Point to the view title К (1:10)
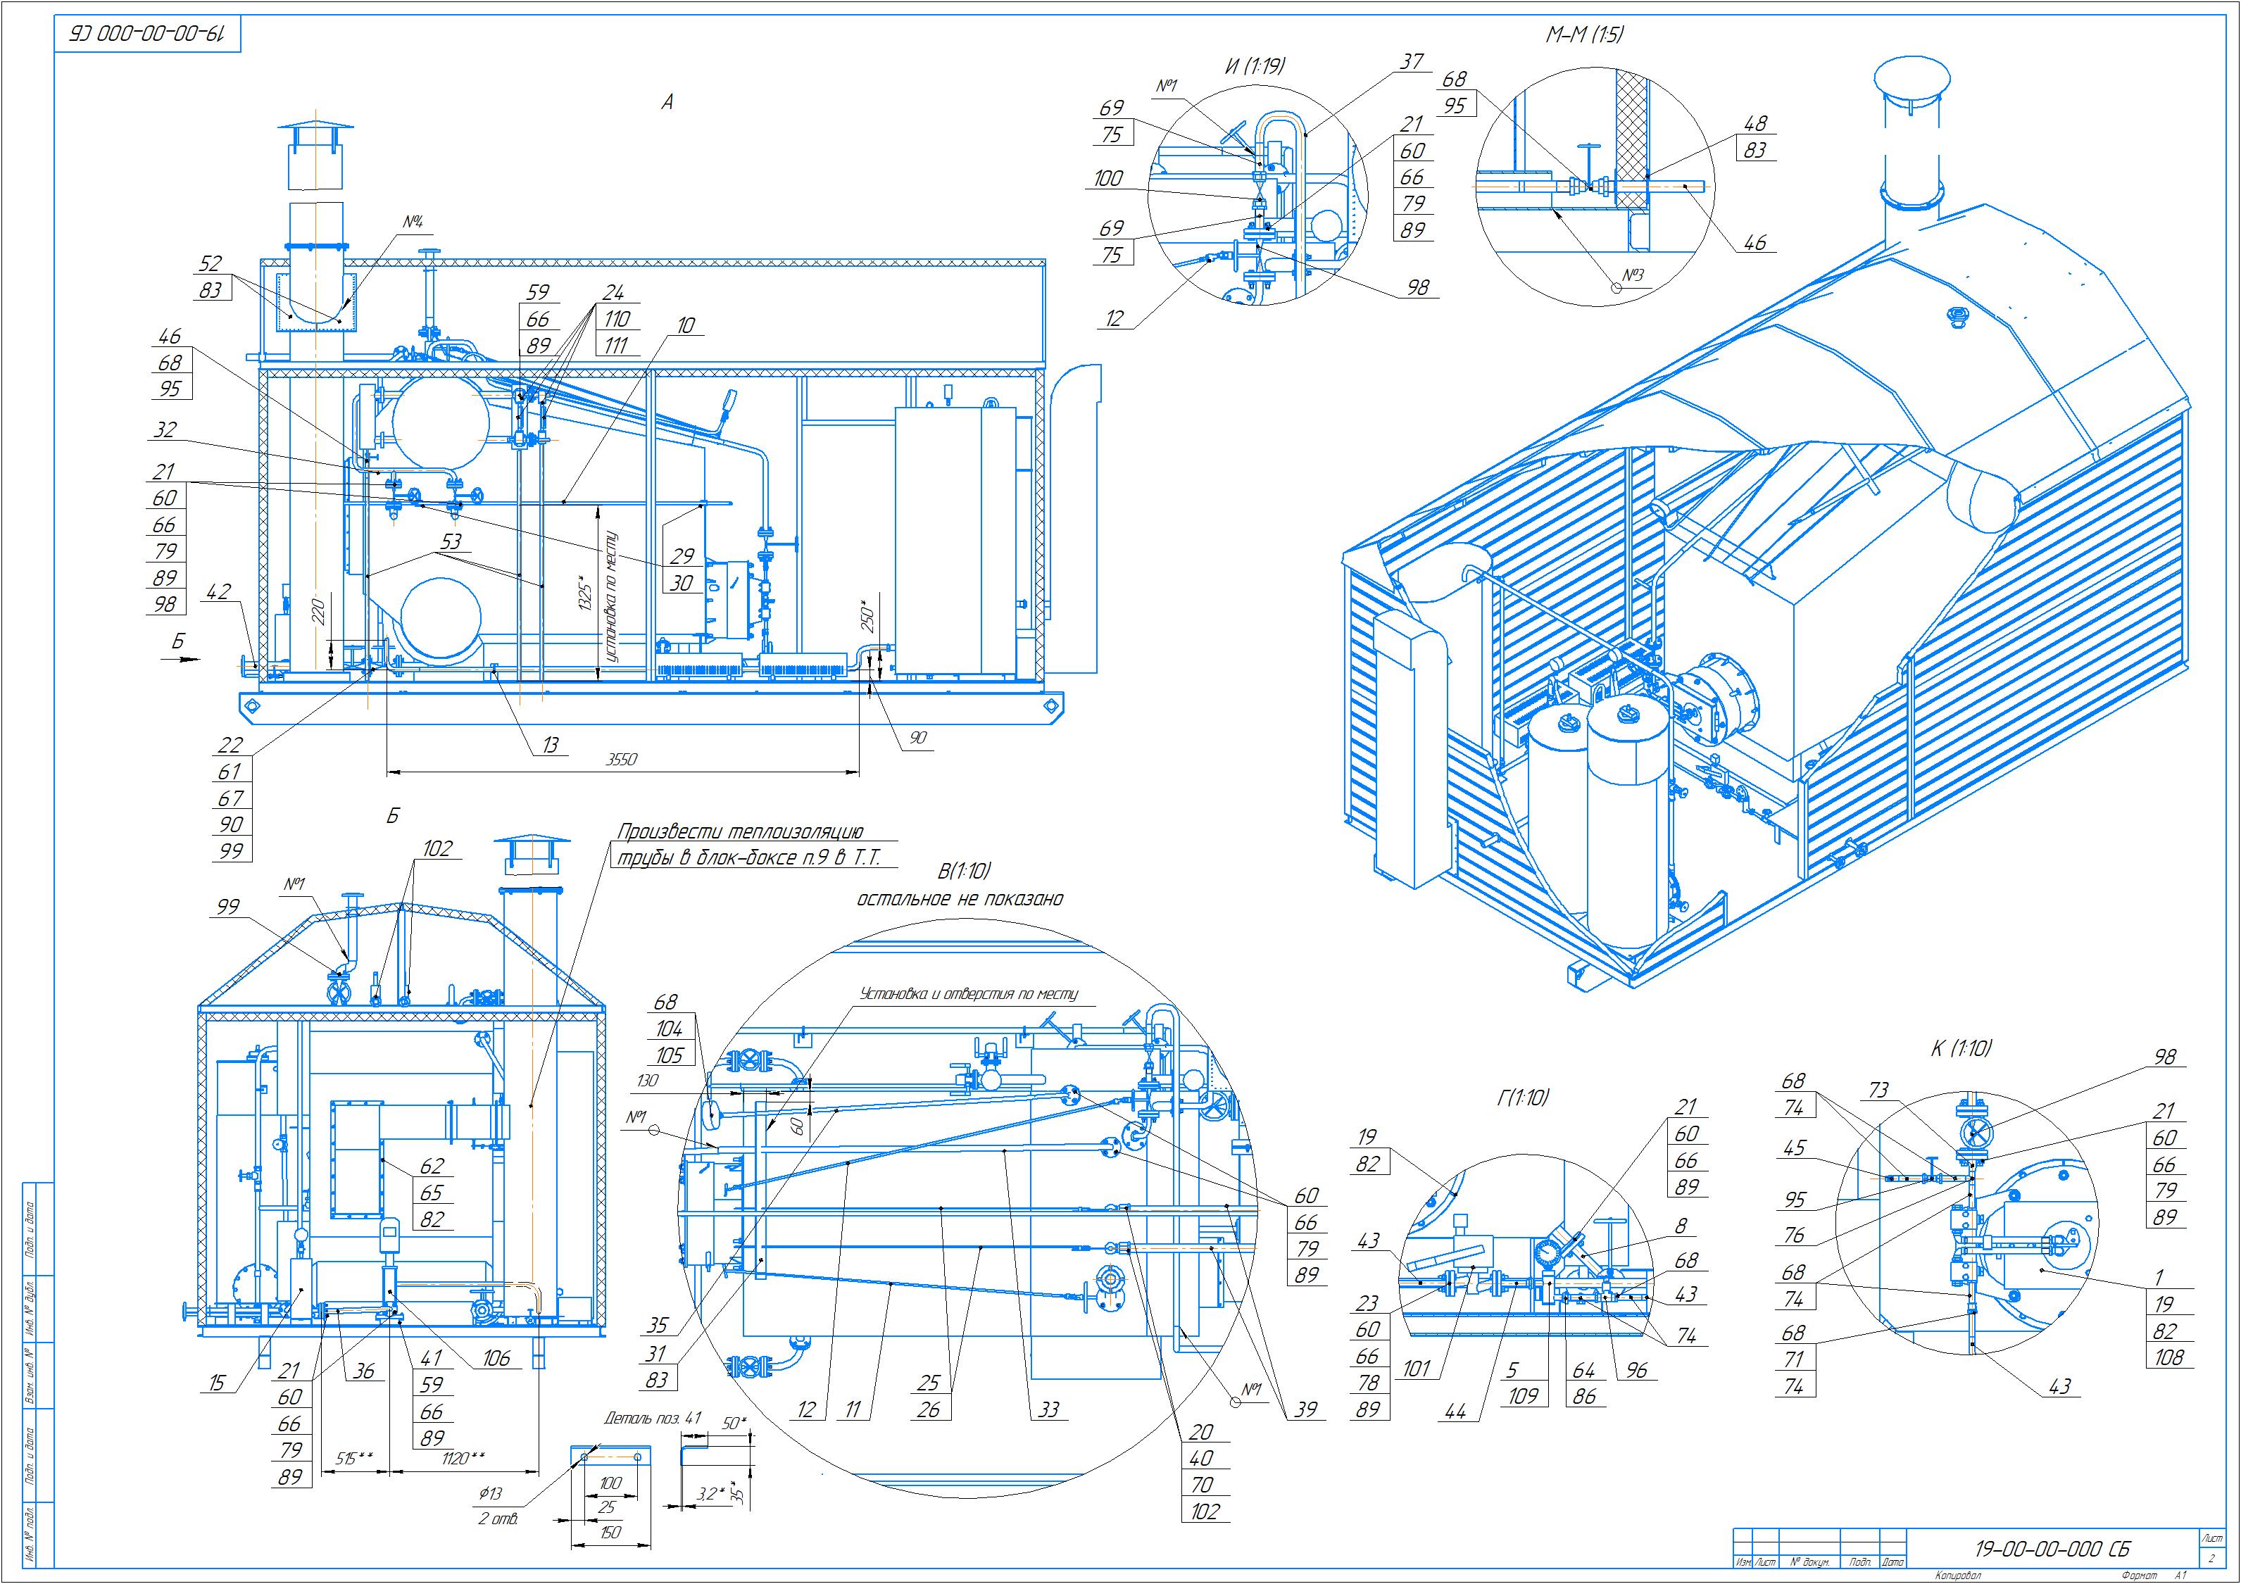click(x=1961, y=1048)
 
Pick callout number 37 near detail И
click(x=1412, y=61)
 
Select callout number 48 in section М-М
click(x=1755, y=124)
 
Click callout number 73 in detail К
click(x=1879, y=1091)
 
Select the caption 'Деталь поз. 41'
click(x=653, y=1418)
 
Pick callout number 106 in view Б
click(x=496, y=1357)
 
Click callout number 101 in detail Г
click(x=1417, y=1369)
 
